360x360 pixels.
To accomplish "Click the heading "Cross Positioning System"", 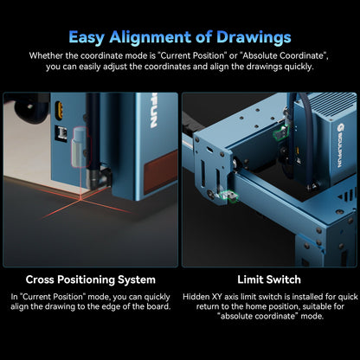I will pos(90,280).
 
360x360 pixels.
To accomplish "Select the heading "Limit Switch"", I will pos(269,280).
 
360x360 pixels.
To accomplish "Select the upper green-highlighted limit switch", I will pos(279,132).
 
